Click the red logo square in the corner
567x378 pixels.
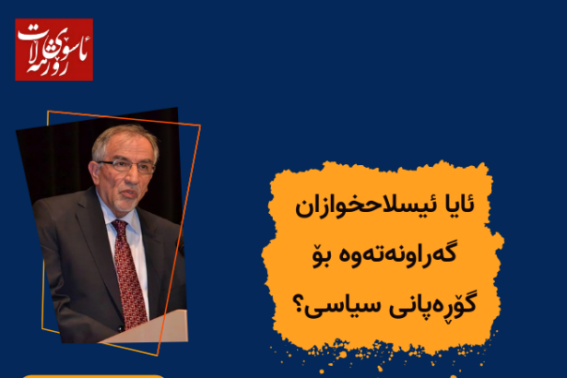point(53,50)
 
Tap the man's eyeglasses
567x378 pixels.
point(126,166)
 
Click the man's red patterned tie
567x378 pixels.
point(129,275)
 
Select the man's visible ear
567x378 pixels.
point(95,173)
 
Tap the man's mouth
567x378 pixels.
point(129,194)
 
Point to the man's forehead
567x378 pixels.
point(125,149)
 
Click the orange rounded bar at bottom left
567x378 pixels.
point(93,376)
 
